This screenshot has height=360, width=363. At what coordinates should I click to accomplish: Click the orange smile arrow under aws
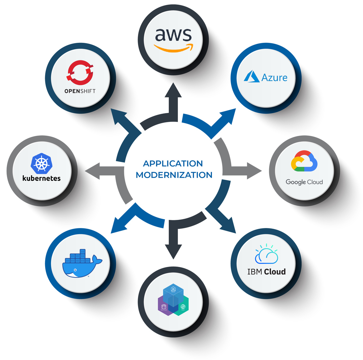[x=173, y=49]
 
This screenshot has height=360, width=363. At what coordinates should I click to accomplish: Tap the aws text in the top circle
[x=173, y=35]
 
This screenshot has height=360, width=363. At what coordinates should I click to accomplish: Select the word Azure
[x=274, y=78]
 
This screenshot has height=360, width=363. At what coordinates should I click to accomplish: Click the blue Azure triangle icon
[x=251, y=76]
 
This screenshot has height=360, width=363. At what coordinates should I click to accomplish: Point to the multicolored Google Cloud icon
[x=304, y=161]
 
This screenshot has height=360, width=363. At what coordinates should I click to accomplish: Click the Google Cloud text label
[x=304, y=182]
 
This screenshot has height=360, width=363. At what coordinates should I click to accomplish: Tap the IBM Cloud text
[x=266, y=272]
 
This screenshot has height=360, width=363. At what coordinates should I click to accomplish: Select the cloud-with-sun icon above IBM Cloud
[x=267, y=254]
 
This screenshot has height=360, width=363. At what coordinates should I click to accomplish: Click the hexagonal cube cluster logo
[x=173, y=300]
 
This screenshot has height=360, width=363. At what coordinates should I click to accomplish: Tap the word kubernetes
[x=42, y=178]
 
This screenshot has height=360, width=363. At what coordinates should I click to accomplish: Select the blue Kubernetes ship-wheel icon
[x=42, y=163]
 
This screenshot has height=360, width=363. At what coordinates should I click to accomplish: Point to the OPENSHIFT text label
[x=80, y=91]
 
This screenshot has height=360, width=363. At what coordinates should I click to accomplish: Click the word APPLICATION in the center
[x=173, y=163]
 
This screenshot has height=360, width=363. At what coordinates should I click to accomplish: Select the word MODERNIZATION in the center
[x=174, y=175]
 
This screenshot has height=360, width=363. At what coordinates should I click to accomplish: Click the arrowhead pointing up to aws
[x=173, y=90]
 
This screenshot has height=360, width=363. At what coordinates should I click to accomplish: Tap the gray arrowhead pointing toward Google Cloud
[x=254, y=171]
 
